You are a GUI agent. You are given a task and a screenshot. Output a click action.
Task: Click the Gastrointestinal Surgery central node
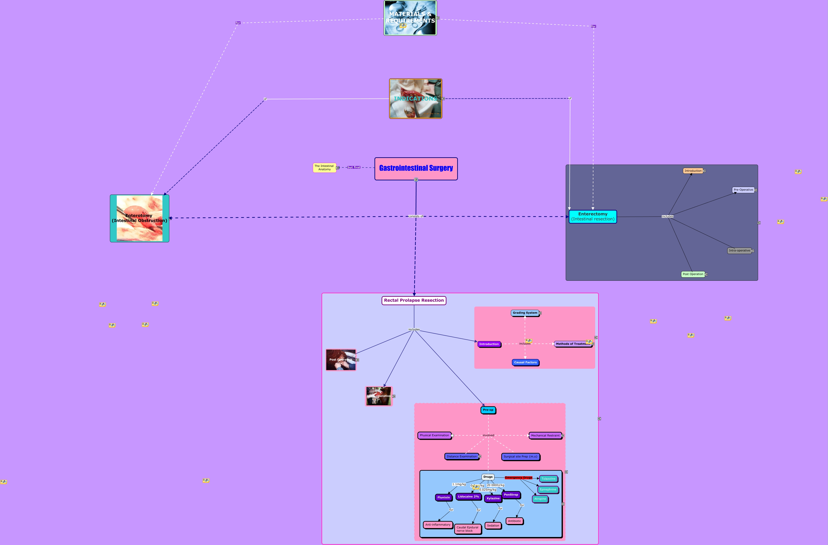click(416, 169)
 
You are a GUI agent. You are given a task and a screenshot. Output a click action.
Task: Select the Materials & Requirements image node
click(410, 18)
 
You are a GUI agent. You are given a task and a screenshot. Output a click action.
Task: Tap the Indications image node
click(415, 99)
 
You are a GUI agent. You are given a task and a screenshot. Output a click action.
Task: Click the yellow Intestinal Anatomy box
click(324, 168)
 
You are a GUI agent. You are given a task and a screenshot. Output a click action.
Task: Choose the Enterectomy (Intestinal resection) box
click(592, 216)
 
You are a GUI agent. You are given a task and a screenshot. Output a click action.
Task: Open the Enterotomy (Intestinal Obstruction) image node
click(140, 218)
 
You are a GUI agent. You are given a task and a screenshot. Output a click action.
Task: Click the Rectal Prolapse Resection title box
click(414, 300)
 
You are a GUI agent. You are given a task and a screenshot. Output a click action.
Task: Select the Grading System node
click(525, 313)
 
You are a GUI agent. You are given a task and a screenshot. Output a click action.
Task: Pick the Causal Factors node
click(525, 362)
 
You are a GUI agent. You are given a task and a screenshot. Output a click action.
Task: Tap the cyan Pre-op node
click(488, 410)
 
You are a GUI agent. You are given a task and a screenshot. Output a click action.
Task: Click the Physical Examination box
click(434, 435)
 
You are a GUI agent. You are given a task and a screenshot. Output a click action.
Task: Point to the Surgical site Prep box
click(520, 457)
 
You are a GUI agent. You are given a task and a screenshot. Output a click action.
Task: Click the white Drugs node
click(488, 477)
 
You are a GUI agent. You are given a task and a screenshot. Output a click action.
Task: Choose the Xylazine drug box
click(493, 498)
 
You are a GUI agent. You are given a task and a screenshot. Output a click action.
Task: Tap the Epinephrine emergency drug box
click(548, 490)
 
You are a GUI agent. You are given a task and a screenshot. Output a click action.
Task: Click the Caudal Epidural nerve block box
click(467, 529)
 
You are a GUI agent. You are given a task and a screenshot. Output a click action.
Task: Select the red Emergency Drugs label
click(518, 478)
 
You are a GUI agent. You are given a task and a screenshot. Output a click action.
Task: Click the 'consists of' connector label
click(416, 216)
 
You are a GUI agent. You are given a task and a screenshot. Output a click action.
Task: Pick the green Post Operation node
click(693, 274)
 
